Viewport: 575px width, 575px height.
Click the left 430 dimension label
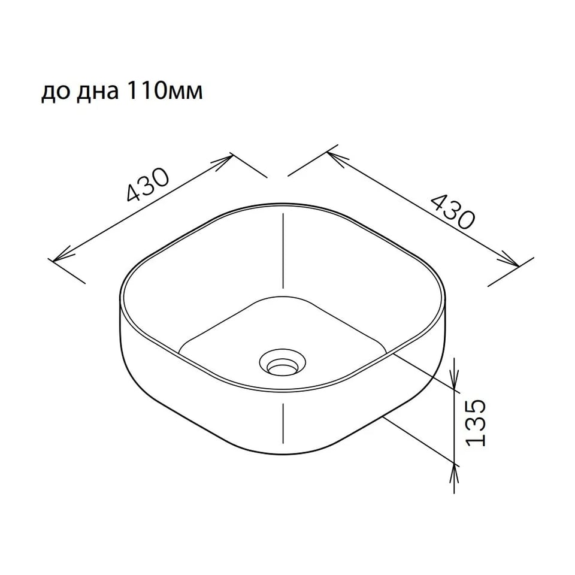click(148, 185)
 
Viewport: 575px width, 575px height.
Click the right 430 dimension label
click(452, 212)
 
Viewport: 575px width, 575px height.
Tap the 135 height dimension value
click(476, 422)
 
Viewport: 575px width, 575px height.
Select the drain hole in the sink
click(282, 362)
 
